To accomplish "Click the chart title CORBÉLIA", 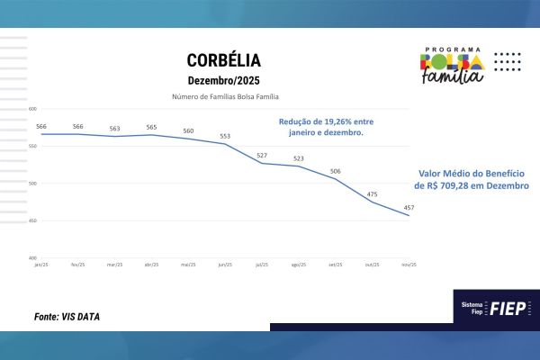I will (x=224, y=60).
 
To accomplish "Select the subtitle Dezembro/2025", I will (x=224, y=80).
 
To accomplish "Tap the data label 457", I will (x=409, y=208).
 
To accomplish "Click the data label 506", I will (x=335, y=171).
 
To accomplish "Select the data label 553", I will (x=225, y=137).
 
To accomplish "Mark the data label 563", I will (x=114, y=129).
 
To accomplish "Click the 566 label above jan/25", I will (x=41, y=127).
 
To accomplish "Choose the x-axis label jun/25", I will (x=225, y=265).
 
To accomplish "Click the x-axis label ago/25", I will (x=298, y=265).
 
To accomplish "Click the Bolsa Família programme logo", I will (x=453, y=65).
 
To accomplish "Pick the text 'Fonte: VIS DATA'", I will (x=67, y=317).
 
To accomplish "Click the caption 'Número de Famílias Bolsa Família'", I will (x=224, y=96).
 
